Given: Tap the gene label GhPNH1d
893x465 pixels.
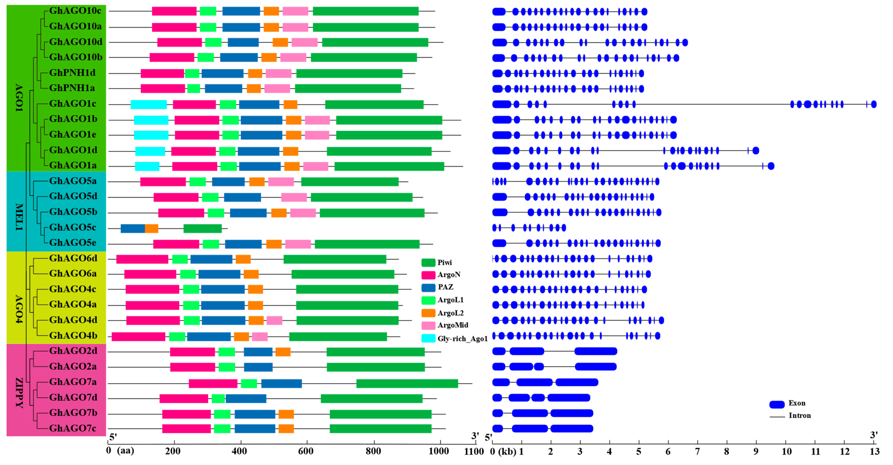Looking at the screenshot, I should click(72, 73).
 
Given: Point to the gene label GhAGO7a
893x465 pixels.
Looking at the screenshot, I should click(73, 382).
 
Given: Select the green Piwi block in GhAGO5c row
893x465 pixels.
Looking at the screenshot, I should click(202, 228).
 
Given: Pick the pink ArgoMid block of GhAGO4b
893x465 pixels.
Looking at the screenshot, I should click(260, 336).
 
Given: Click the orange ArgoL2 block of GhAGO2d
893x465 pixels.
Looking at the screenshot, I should click(283, 352).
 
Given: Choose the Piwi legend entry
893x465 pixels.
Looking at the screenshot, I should click(437, 263).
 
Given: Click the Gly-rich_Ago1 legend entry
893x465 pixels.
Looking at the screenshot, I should click(454, 338).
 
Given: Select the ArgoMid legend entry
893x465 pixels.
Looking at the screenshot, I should click(445, 325).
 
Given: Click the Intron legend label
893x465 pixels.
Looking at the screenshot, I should click(799, 415).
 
